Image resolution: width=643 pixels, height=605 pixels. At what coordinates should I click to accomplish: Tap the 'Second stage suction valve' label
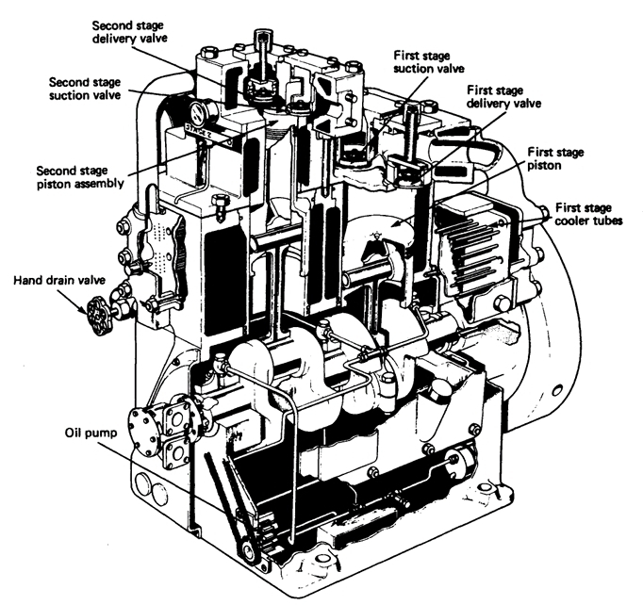(91, 89)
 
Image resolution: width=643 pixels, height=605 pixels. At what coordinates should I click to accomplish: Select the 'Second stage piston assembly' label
(79, 178)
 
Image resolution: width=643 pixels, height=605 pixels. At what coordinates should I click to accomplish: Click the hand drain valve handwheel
(96, 308)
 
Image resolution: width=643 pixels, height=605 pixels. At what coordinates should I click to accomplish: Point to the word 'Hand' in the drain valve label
(25, 280)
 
